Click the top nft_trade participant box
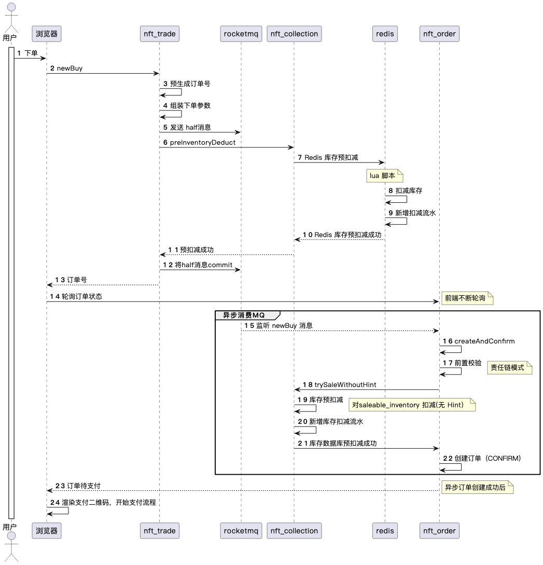tap(159, 34)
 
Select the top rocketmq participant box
tap(241, 34)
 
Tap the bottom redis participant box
tap(384, 531)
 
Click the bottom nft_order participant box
tap(439, 531)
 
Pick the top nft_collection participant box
tap(294, 34)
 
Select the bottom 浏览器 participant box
tap(46, 531)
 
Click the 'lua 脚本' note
tap(384, 176)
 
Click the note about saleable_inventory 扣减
tap(413, 405)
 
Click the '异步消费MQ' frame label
tap(244, 315)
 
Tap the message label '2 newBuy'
tap(66, 68)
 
